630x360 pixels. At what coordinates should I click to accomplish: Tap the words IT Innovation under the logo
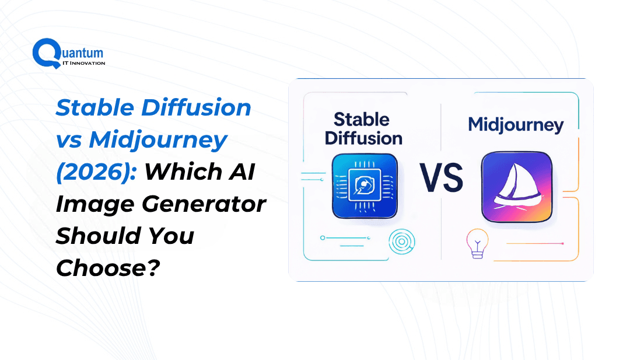click(84, 63)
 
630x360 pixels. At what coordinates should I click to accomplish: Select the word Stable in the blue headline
click(95, 107)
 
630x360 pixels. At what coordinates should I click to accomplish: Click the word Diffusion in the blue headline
click(197, 107)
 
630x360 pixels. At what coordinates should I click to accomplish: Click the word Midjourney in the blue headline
click(158, 141)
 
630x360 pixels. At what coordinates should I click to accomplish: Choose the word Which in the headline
click(183, 172)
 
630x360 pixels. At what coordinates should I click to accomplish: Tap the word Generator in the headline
click(204, 204)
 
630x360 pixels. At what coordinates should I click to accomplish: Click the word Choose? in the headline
click(108, 268)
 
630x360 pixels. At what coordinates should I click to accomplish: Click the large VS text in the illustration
click(441, 177)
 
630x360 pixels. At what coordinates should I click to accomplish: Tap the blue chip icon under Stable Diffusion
click(365, 186)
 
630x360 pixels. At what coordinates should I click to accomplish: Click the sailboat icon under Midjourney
click(517, 187)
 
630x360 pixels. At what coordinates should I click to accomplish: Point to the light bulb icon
click(477, 243)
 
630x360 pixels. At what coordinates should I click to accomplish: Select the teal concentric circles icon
click(402, 242)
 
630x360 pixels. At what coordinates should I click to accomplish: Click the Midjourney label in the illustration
click(516, 125)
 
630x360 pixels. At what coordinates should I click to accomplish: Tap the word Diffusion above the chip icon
click(363, 138)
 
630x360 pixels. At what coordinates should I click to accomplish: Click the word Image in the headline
click(95, 204)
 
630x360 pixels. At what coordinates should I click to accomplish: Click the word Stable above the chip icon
click(362, 120)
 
